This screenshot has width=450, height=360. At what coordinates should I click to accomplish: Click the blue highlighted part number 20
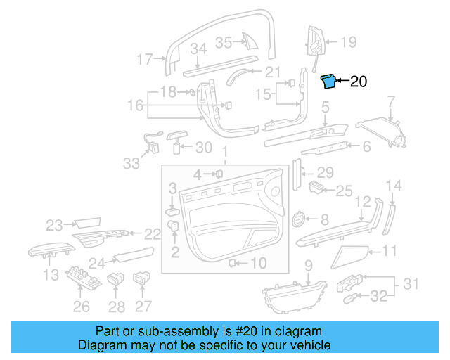(x=328, y=82)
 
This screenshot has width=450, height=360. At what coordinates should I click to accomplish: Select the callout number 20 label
(x=358, y=82)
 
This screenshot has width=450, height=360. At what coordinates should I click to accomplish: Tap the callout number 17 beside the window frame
(x=145, y=60)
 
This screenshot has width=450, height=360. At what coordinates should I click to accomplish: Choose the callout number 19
(x=349, y=43)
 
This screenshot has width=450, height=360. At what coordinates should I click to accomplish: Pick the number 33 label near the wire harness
(x=131, y=163)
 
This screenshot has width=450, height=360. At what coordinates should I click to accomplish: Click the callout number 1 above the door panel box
(x=225, y=153)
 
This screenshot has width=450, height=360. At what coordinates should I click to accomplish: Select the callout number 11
(x=390, y=250)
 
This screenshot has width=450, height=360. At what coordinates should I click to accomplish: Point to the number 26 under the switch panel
(x=82, y=306)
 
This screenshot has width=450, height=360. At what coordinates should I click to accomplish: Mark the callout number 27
(x=143, y=306)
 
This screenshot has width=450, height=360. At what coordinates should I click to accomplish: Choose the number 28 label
(x=117, y=306)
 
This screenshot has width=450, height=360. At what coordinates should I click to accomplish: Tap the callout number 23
(x=55, y=225)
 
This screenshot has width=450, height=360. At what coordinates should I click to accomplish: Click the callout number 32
(x=378, y=297)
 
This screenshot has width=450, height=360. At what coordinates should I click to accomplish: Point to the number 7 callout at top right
(x=392, y=106)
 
